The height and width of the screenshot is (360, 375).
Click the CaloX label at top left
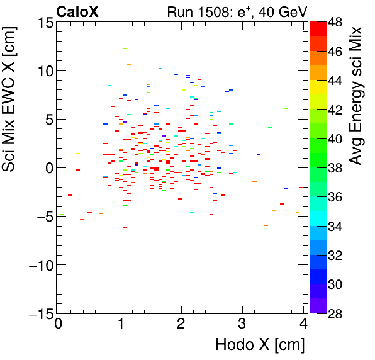[77, 11]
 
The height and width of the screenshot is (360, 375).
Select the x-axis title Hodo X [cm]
[260, 345]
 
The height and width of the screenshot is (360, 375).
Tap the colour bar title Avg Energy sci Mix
[356, 96]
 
